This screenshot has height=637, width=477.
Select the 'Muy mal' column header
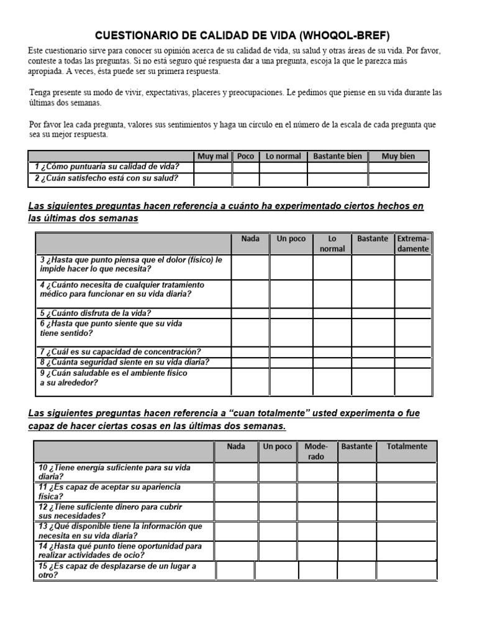point(212,156)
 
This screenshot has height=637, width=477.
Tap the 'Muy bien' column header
point(398,156)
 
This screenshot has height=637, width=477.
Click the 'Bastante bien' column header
point(337,156)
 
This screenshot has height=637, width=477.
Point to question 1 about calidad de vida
point(107,167)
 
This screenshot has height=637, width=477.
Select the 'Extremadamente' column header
point(413,244)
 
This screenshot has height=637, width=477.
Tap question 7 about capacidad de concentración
point(117,351)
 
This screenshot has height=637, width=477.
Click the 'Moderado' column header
point(316,452)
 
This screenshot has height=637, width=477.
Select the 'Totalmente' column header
point(407,447)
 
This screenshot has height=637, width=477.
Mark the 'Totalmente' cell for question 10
point(407,472)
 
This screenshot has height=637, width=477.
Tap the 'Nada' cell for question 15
point(235,570)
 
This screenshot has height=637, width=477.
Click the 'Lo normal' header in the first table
point(283,156)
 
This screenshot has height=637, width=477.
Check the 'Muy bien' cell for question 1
point(398,167)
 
